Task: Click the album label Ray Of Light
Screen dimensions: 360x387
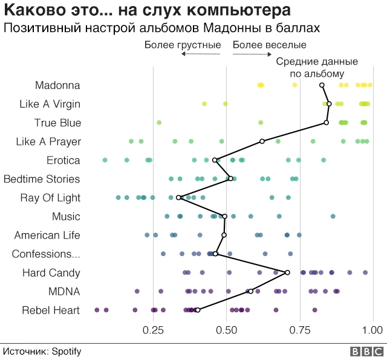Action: [x=50, y=198]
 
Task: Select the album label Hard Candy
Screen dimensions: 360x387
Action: [x=51, y=273]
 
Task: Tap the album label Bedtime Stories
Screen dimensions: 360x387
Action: [x=42, y=179]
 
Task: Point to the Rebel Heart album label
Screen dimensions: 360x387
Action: [x=51, y=310]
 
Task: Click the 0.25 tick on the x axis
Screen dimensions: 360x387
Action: [x=153, y=330]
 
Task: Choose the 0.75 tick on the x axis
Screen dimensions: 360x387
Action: [x=300, y=330]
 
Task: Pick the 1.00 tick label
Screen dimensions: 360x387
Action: [x=373, y=330]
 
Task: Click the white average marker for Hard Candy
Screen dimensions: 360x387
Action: [x=287, y=273]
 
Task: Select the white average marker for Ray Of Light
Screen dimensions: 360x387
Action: [x=180, y=198]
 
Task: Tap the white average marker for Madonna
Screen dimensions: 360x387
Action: [x=322, y=86]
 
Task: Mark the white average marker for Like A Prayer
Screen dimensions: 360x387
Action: [x=262, y=141]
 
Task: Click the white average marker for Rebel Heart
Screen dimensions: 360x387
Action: [x=198, y=310]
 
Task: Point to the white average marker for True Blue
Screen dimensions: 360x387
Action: [x=327, y=123]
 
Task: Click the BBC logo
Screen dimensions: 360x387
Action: [x=365, y=351]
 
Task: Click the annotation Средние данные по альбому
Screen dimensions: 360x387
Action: [x=317, y=68]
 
